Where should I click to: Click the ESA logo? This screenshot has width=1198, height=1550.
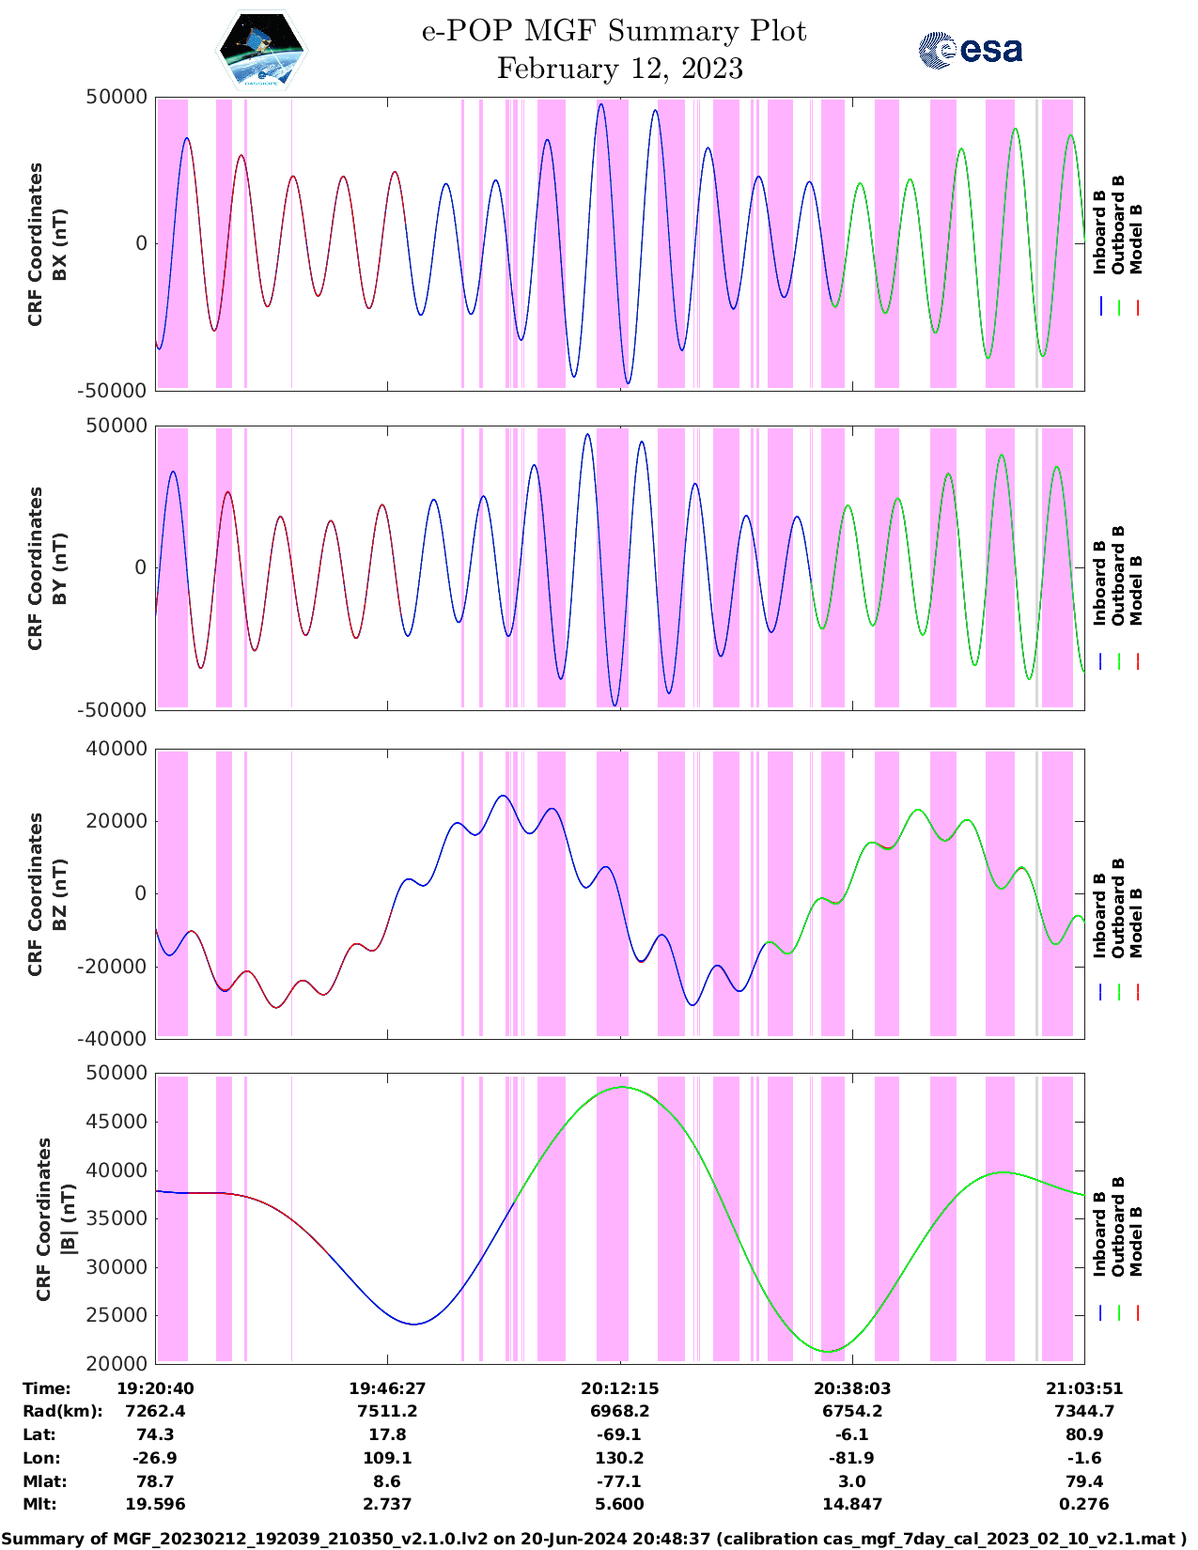click(971, 50)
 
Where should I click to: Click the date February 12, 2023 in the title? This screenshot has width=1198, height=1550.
click(619, 69)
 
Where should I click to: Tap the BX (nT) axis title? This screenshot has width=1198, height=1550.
click(59, 243)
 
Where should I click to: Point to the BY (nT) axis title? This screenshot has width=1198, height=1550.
click(59, 567)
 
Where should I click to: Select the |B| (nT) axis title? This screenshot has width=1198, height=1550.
click(68, 1218)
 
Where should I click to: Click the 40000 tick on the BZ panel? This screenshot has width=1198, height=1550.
click(116, 749)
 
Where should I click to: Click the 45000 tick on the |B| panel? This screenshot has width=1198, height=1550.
click(116, 1122)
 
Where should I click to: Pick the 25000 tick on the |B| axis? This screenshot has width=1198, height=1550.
click(116, 1315)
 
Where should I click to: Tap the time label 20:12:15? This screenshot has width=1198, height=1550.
click(619, 1388)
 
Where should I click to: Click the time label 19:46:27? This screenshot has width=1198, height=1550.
click(387, 1388)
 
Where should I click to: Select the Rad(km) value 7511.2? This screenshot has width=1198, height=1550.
click(387, 1411)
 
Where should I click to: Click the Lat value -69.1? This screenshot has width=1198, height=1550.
click(619, 1434)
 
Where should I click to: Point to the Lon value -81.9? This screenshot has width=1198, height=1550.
click(852, 1458)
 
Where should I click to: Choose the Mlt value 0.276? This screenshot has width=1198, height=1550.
click(1084, 1504)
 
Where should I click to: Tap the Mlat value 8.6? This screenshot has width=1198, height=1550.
click(387, 1481)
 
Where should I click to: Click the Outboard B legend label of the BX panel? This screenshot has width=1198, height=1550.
click(1118, 225)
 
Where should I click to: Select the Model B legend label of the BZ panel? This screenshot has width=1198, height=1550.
click(1136, 922)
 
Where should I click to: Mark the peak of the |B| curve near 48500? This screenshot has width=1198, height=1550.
click(621, 1087)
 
